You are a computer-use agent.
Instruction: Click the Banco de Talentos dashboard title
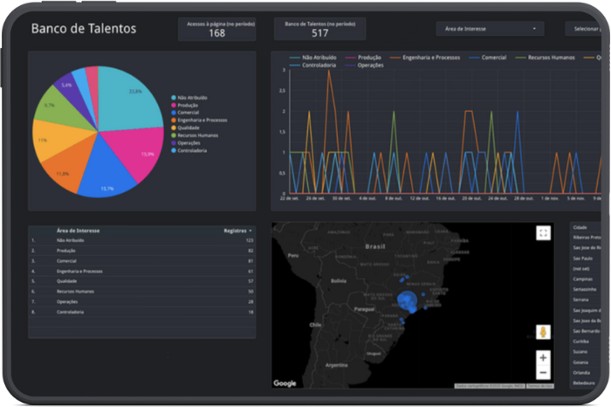pos(84,29)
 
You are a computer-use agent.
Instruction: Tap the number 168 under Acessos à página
pos(217,33)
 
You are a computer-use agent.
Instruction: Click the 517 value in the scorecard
pos(319,33)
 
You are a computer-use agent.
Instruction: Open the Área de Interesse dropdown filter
pos(490,29)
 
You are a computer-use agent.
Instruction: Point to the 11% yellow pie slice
pos(54,140)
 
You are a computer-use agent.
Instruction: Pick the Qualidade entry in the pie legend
pos(189,127)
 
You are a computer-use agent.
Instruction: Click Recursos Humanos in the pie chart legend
pos(196,135)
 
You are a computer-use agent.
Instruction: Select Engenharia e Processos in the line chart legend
pos(430,57)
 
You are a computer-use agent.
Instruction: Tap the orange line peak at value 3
pos(329,71)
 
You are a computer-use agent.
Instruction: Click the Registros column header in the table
pos(236,231)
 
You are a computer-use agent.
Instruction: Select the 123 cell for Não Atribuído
pos(249,239)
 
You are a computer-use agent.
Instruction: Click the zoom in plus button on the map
pos(543,358)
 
